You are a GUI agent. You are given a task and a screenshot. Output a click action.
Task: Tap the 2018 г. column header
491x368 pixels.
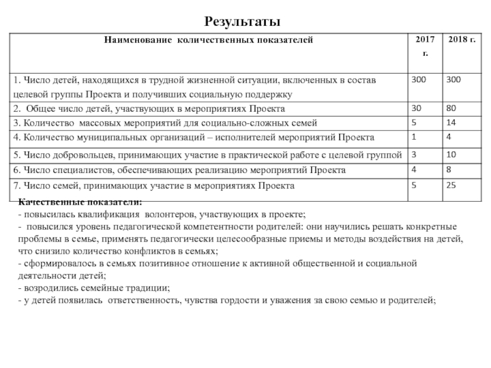coord(461,40)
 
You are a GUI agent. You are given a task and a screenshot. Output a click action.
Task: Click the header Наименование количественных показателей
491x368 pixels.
coord(209,40)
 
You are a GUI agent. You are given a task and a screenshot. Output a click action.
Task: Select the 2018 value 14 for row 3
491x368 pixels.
coord(452,122)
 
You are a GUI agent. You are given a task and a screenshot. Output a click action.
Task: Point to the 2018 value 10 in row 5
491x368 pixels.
coord(452,154)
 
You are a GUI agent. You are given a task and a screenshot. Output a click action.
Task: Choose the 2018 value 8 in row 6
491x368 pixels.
coord(450,169)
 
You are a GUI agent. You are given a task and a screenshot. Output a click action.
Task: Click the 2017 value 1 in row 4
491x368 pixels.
coord(414,136)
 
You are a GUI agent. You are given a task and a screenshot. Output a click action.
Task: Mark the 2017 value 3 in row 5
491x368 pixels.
coord(414,154)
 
